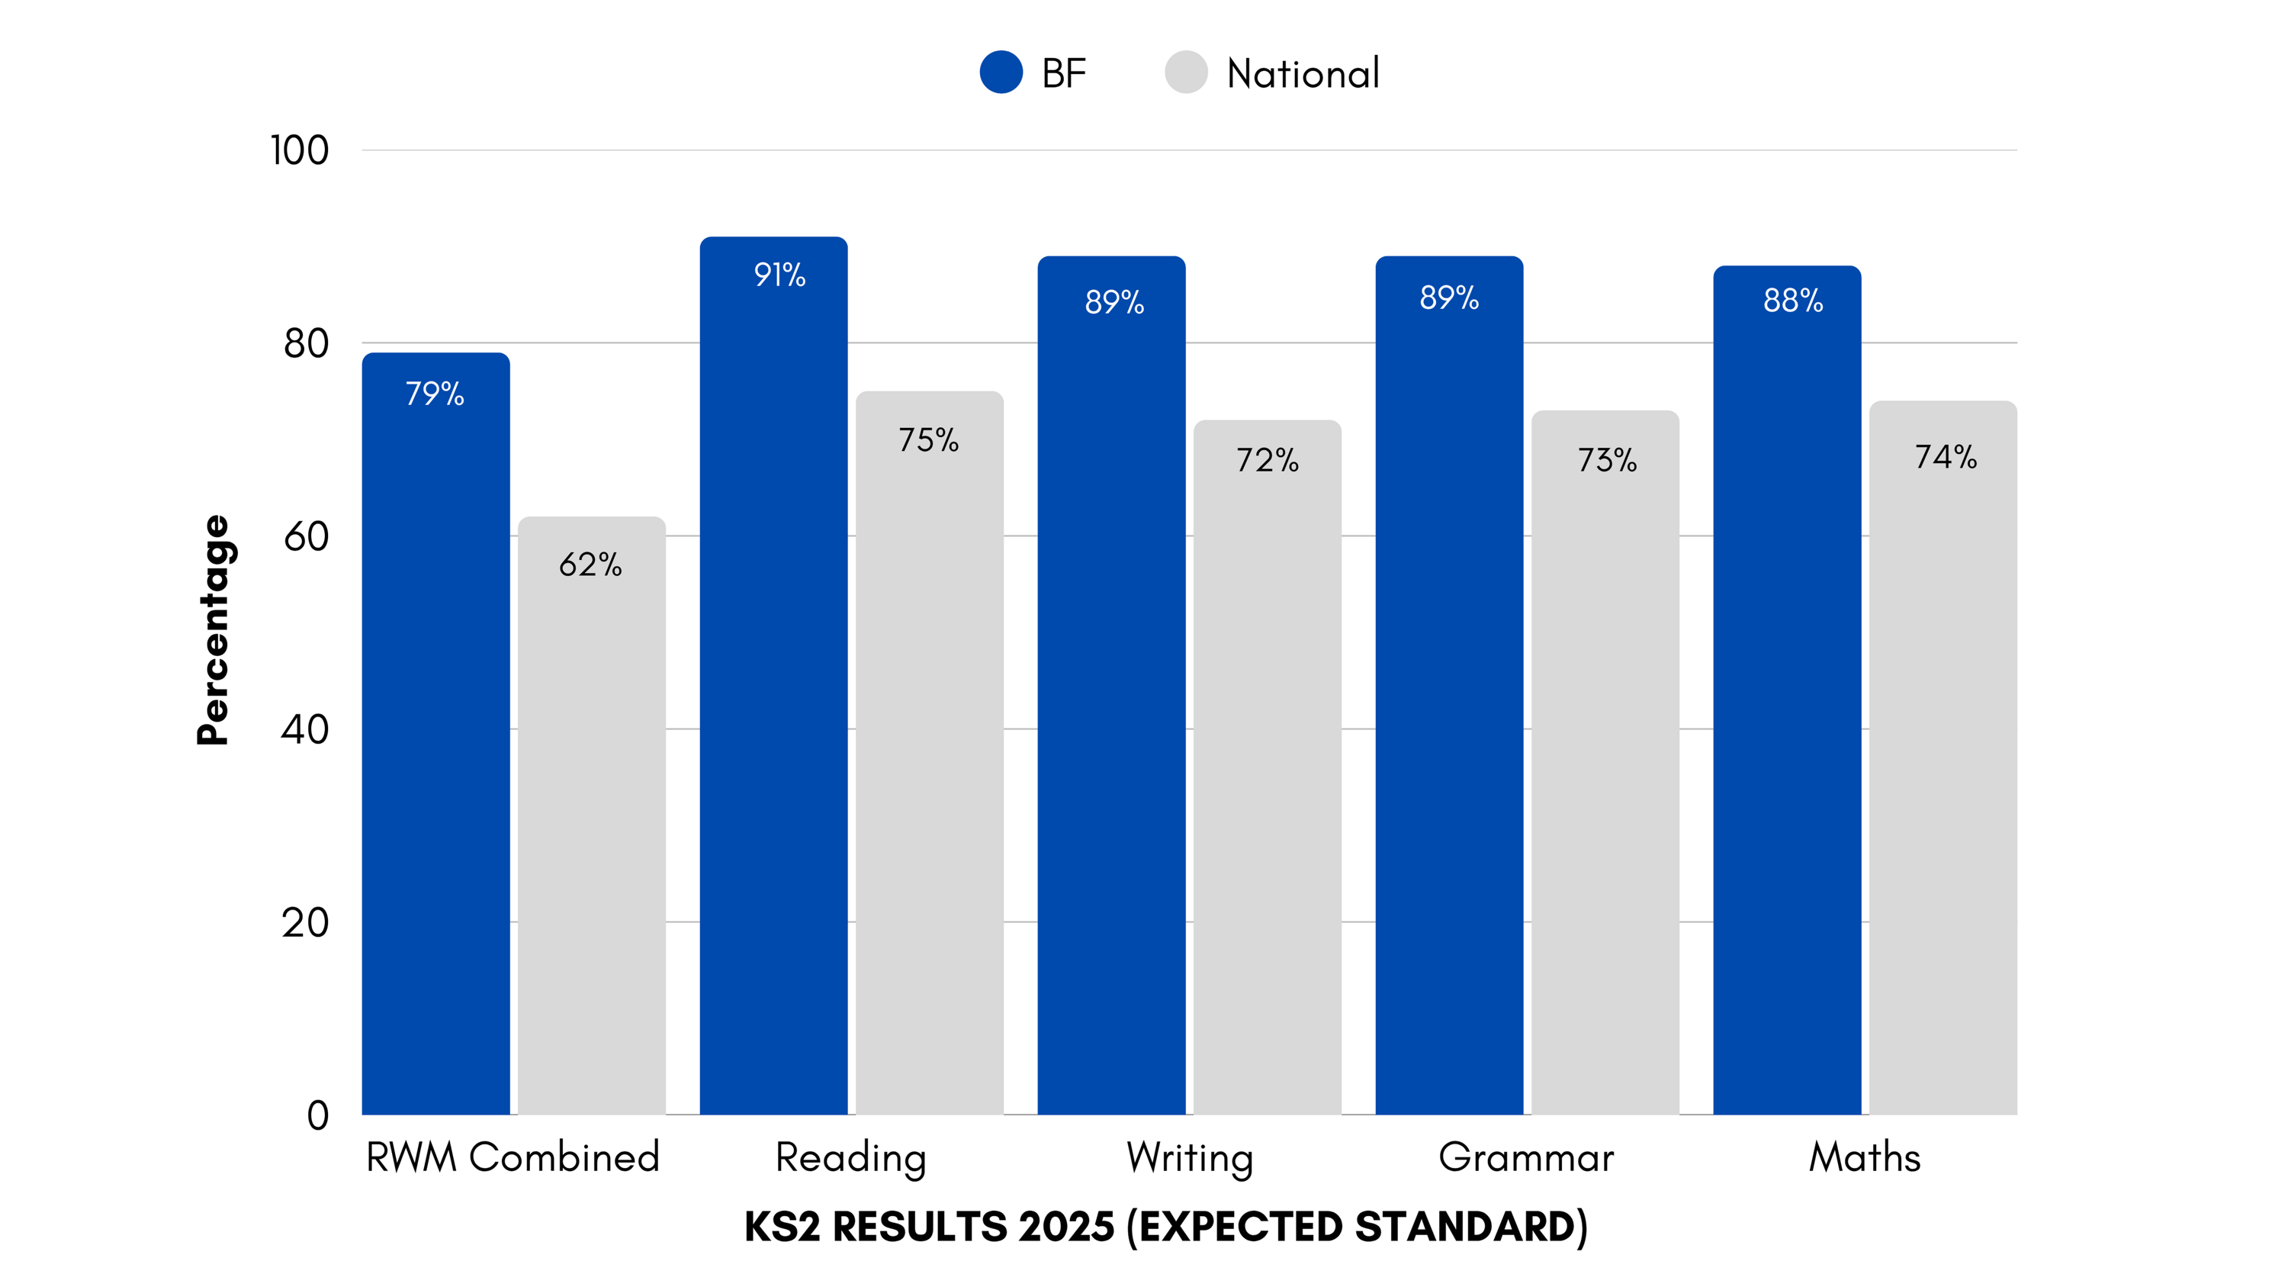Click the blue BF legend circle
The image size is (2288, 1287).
coord(1001,72)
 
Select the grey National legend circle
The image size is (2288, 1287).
coord(1186,72)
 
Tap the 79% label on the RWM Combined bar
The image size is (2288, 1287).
coord(434,394)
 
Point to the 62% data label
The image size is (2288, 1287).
coord(590,564)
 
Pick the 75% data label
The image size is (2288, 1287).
coord(928,439)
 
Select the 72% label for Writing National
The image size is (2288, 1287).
coord(1268,460)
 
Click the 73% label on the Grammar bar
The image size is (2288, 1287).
coord(1607,460)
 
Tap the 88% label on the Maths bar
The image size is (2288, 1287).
coord(1793,301)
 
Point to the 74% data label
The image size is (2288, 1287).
coord(1945,456)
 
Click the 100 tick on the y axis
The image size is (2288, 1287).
coord(299,150)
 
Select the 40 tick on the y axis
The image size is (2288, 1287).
coord(304,729)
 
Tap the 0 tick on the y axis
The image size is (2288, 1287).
coord(317,1115)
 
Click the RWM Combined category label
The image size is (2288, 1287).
coord(513,1157)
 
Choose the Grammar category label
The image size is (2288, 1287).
coord(1526,1157)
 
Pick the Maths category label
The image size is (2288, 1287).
coord(1864,1157)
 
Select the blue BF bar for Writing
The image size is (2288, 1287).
coord(1111,710)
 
